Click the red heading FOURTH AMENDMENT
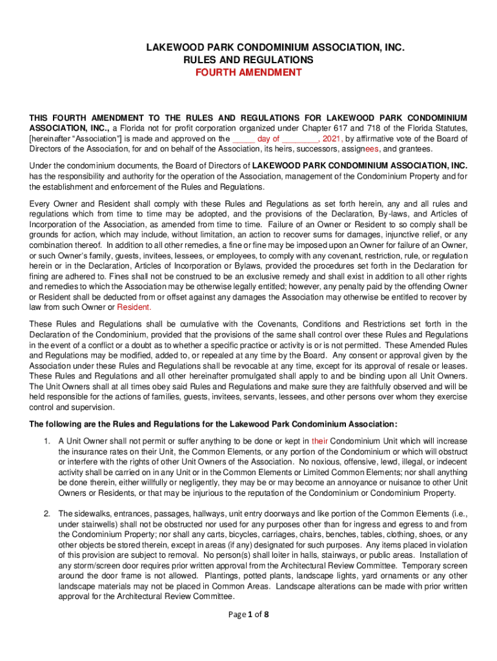(x=249, y=72)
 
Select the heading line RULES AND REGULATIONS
(x=249, y=60)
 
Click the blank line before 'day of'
(x=243, y=138)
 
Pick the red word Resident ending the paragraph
(x=134, y=307)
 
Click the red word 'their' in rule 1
(x=320, y=441)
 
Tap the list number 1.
(x=46, y=441)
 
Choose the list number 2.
(x=46, y=513)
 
